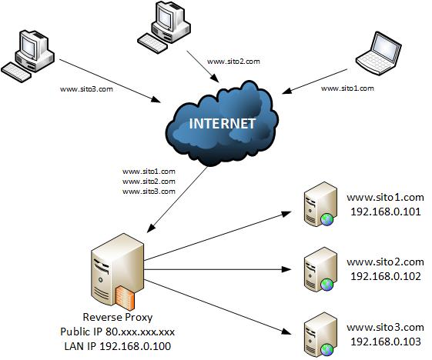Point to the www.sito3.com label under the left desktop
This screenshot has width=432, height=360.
coord(86,88)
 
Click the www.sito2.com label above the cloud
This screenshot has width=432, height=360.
coord(234,60)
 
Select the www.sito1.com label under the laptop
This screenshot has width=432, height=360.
coord(347,88)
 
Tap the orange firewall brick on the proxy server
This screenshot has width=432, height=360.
coord(126,297)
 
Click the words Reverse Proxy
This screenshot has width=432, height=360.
coord(116,318)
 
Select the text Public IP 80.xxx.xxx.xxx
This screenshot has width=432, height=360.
coord(117,332)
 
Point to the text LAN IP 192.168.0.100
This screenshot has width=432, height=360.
coord(117,345)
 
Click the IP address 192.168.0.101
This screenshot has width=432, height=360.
coord(385,212)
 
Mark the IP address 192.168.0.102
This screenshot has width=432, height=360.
coord(385,276)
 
